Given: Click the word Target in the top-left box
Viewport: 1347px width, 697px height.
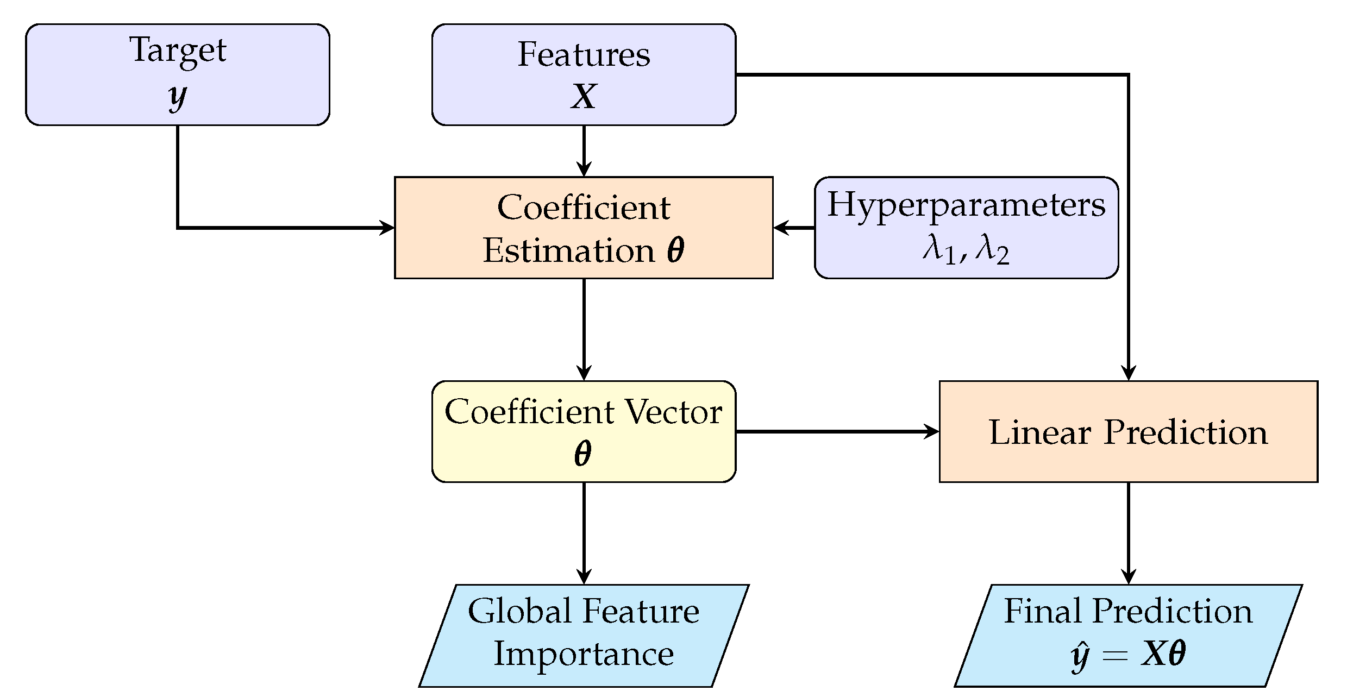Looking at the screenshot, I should (177, 51).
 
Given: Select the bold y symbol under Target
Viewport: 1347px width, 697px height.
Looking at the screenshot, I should (177, 97).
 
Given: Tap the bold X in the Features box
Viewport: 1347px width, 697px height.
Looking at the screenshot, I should (584, 97).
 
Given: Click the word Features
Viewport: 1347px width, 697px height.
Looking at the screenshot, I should (584, 54).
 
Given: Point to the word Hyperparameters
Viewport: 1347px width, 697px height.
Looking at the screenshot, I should (966, 205).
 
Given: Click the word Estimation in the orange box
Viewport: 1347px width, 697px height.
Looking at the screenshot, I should (569, 251).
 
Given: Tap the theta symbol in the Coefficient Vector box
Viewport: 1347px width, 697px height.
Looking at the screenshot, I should (583, 454).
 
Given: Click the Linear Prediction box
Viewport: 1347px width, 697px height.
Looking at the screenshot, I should (1128, 432).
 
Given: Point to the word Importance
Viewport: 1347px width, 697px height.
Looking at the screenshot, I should (584, 654).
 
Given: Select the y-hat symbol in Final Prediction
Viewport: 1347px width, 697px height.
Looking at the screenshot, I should (1079, 655).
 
